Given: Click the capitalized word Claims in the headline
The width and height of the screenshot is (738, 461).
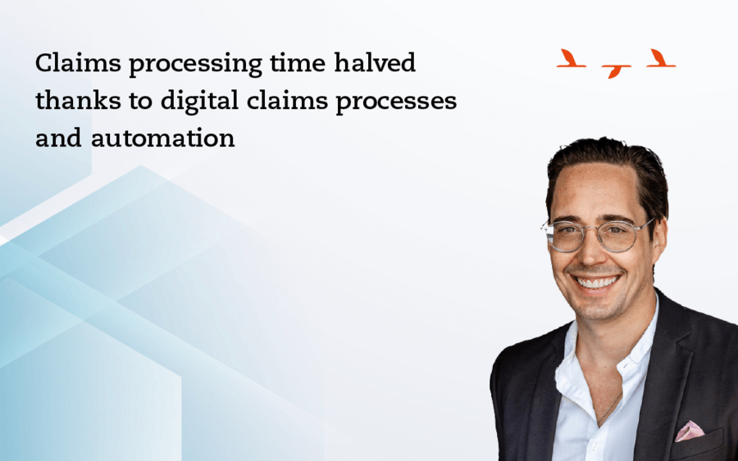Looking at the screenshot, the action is point(78,62).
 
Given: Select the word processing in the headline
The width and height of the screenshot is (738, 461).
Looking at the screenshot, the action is point(195,66).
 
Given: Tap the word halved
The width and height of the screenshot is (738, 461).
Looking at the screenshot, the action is point(375,62).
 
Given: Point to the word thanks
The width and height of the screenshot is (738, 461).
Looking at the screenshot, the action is point(78,100).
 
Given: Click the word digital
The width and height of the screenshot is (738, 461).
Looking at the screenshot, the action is point(199,102).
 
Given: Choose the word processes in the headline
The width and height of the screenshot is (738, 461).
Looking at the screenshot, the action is point(396,103).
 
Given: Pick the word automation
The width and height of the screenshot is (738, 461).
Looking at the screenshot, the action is point(163,138).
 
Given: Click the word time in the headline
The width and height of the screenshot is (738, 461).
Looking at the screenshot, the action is point(298,63).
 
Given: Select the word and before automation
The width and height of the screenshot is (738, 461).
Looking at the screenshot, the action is point(58,138).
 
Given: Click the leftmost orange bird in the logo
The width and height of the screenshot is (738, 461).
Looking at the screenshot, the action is point(570,59).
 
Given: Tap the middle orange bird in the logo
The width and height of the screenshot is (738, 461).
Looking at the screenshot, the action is point(615,71).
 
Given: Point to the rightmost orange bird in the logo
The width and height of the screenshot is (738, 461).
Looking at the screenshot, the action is point(660,59).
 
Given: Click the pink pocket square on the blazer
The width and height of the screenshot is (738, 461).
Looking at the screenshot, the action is point(690,431).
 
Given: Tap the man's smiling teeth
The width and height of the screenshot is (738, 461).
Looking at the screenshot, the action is point(597,282).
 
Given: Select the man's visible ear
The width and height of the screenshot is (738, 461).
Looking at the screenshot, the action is point(659,243).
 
